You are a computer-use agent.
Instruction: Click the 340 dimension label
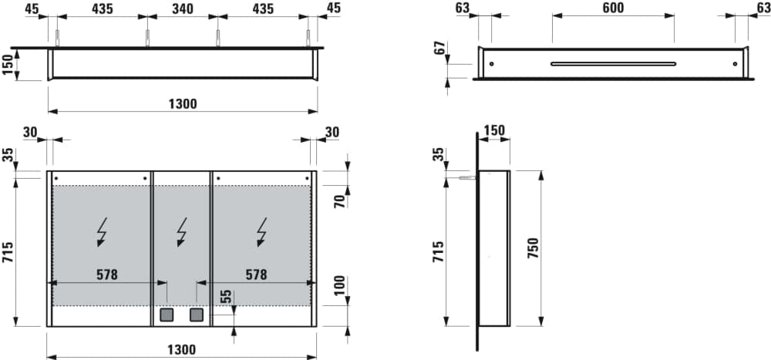coord(183,8)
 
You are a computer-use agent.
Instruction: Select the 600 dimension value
coord(613,8)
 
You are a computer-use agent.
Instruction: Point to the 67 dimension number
coord(440,48)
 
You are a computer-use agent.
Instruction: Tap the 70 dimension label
coord(340,201)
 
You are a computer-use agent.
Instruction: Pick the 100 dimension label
coord(340,286)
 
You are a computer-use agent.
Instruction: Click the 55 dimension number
coord(226,297)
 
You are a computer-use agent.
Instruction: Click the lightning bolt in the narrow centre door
coord(182,231)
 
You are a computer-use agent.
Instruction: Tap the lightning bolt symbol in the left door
coord(102,231)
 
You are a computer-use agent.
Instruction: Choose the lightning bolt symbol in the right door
coord(262,231)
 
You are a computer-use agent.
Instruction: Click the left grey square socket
coord(167,315)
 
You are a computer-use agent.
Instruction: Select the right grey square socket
coord(197,315)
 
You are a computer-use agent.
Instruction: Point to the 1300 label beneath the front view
coord(182,350)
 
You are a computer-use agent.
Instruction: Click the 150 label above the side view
coord(494,131)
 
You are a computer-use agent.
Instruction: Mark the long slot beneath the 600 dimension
coord(613,63)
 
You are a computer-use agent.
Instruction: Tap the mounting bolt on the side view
coord(468,178)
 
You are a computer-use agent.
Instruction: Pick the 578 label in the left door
coord(107,275)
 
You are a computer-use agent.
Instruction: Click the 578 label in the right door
coord(257,275)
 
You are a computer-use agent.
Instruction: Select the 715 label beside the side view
coord(439,251)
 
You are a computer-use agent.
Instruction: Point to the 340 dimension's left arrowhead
coord(151,16)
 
